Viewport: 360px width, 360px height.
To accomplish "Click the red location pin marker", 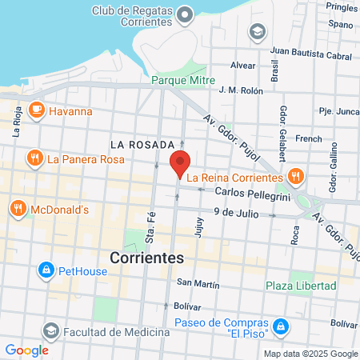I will pyautogui.click(x=181, y=162).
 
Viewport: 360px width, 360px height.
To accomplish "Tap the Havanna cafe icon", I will pyautogui.click(x=36, y=110).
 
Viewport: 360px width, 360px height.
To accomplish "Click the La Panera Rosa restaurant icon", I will pyautogui.click(x=34, y=158).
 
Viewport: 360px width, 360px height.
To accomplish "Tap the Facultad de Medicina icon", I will pyautogui.click(x=51, y=330).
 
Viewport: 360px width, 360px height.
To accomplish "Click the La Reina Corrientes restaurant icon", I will pyautogui.click(x=295, y=176).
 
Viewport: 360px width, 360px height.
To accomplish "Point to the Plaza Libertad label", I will pyautogui.click(x=301, y=286).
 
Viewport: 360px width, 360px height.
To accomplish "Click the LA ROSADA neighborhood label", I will pyautogui.click(x=142, y=144).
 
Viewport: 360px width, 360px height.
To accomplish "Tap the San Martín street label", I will pyautogui.click(x=198, y=282).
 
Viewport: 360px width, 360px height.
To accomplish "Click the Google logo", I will pyautogui.click(x=26, y=350).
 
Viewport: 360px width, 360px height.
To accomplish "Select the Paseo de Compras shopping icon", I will pyautogui.click(x=281, y=326).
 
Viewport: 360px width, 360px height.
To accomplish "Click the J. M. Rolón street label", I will pyautogui.click(x=241, y=91).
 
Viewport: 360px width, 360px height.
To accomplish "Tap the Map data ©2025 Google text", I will pyautogui.click(x=311, y=354).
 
